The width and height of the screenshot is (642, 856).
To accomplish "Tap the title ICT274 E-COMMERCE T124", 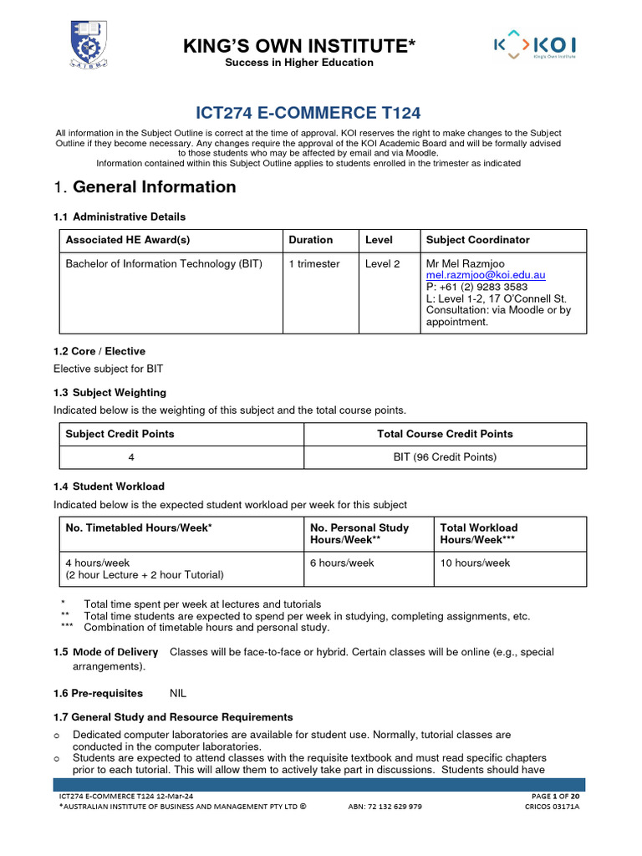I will (307, 113).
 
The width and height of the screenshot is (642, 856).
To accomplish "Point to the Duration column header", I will (310, 240).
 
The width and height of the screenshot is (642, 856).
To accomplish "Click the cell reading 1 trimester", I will (313, 264).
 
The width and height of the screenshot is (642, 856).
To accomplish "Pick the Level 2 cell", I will (383, 264).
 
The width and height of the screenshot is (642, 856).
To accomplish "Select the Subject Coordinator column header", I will (477, 240).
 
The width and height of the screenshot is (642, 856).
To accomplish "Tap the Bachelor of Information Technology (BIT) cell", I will (164, 264).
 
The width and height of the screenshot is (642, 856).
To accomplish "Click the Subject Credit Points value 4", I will (131, 457).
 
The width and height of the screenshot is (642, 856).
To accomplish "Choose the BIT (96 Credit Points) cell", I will (445, 457).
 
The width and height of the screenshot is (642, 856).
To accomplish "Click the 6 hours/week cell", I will (342, 563).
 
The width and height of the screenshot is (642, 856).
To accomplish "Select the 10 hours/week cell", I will (475, 563).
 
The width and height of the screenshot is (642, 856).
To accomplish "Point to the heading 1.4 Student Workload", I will (109, 487).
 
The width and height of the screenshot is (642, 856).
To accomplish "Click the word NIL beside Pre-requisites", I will (179, 694).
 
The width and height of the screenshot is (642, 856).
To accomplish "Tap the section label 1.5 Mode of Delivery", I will (105, 652).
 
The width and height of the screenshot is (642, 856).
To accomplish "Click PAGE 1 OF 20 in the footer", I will (555, 795).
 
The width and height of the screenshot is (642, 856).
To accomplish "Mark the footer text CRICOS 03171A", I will (552, 807).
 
